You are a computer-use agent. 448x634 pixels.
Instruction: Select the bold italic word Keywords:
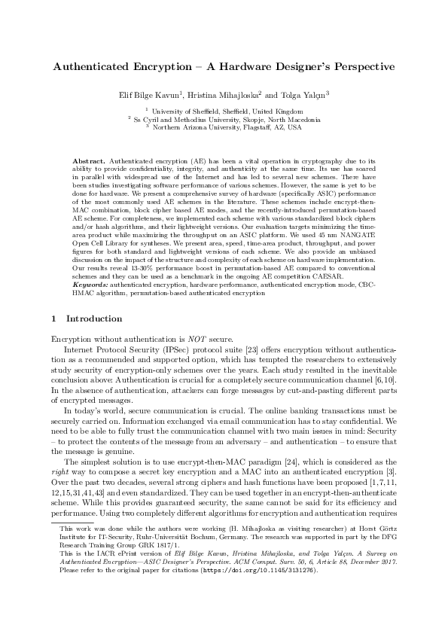[x=90, y=307]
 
